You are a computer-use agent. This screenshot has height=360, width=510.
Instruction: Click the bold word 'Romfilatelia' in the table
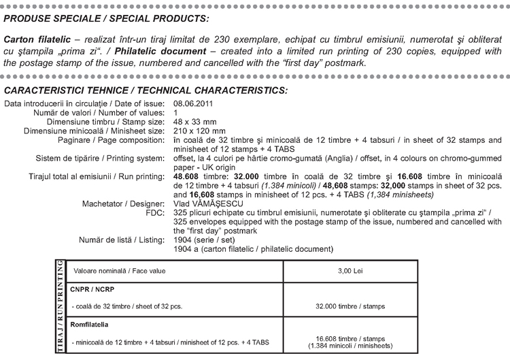tap(89, 325)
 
